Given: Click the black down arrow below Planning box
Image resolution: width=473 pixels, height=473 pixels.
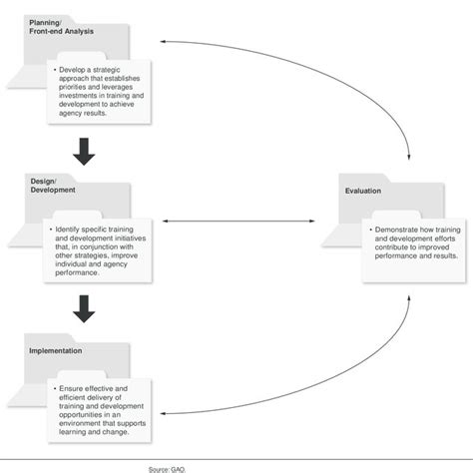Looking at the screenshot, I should [x=85, y=152].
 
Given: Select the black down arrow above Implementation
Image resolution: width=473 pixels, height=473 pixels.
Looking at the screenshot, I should [x=85, y=311].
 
